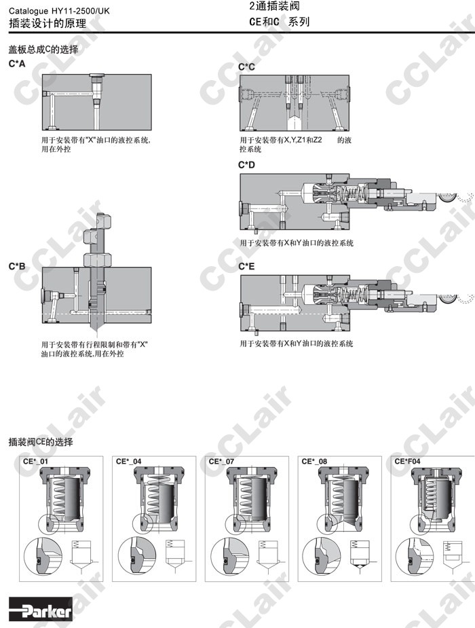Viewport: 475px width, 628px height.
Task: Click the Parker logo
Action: coord(41,611)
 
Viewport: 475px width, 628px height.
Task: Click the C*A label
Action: coord(17,64)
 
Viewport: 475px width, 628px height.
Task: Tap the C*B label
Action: coord(17,266)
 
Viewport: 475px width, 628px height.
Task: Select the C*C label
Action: coord(246,67)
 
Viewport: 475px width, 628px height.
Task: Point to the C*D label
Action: coord(246,165)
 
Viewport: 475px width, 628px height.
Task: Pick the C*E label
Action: coord(246,266)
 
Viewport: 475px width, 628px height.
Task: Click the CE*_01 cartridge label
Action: coord(35,462)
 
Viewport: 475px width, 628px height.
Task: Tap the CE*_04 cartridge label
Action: coord(128,462)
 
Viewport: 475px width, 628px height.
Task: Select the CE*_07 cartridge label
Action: coord(221,462)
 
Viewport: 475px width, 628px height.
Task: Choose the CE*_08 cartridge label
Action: coord(314,462)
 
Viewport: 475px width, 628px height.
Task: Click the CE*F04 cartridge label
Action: coord(407,462)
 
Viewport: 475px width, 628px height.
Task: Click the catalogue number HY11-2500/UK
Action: coord(80,12)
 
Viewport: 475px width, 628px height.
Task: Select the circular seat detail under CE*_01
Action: coord(43,556)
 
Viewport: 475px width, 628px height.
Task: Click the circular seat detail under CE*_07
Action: coord(230,556)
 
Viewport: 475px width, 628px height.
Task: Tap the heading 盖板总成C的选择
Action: coord(43,50)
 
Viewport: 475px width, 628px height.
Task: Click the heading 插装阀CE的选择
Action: coord(41,442)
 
